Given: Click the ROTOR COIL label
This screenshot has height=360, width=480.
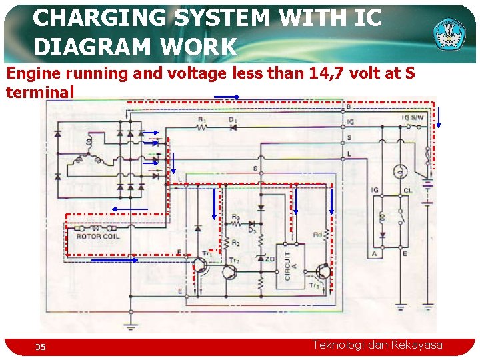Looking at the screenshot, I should point(98,236).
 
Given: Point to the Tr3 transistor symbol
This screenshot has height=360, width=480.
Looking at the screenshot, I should point(323,271).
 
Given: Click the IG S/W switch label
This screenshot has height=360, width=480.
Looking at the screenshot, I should point(413,117).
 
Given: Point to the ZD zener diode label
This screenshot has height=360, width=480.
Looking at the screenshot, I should point(270,259).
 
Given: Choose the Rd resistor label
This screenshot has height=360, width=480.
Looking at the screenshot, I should point(319,234).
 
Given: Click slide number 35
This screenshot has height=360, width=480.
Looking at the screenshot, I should point(41,347).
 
